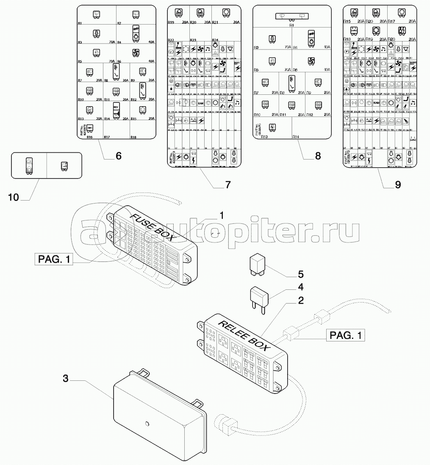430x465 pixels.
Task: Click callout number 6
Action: [x=119, y=156]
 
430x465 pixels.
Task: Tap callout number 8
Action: [x=318, y=156]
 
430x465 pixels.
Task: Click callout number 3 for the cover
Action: [x=65, y=378]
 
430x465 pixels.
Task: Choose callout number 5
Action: [x=300, y=273]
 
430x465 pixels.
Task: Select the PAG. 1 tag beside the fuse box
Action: [x=53, y=259]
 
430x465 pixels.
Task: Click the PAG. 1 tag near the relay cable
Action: [x=345, y=336]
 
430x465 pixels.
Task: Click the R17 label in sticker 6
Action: [x=107, y=137]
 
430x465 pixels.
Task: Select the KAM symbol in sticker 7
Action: [x=201, y=103]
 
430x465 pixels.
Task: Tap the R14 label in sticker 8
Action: [x=295, y=137]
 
